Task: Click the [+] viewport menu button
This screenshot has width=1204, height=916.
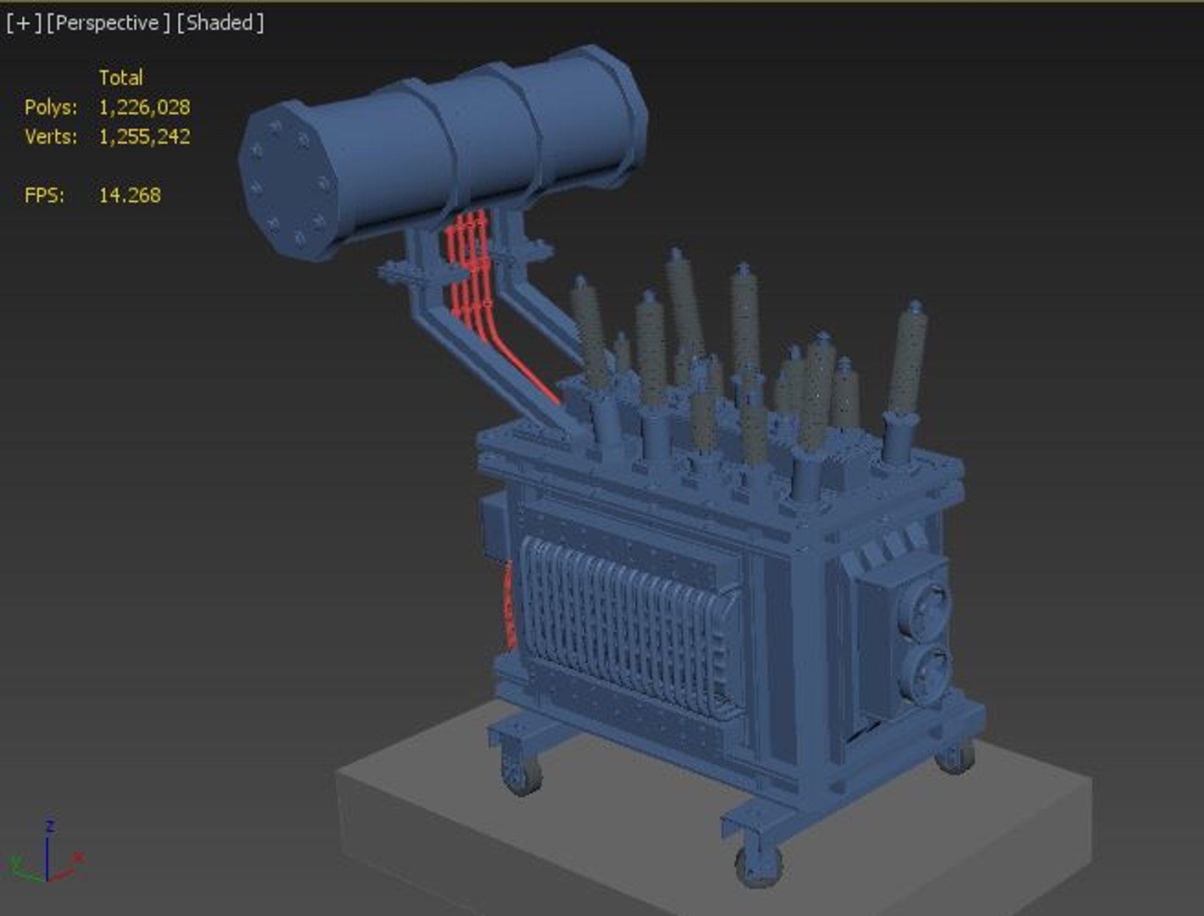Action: click(x=23, y=23)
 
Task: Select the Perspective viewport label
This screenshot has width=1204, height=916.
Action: click(x=108, y=23)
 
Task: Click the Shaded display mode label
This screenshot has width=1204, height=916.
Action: click(x=220, y=23)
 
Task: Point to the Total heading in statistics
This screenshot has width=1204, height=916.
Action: click(x=120, y=78)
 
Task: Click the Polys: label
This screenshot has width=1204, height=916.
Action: click(x=51, y=108)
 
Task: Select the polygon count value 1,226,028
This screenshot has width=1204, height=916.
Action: click(x=144, y=108)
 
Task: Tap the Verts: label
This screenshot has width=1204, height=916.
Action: click(x=51, y=137)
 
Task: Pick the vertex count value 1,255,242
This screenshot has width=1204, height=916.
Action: click(x=144, y=137)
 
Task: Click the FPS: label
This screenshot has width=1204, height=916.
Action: click(x=44, y=195)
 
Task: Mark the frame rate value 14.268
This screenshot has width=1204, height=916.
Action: click(x=130, y=195)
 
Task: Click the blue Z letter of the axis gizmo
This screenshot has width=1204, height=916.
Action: click(x=50, y=825)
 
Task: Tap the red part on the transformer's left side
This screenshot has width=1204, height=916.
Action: click(x=510, y=606)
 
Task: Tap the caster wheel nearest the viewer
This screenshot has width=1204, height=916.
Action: click(x=758, y=865)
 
